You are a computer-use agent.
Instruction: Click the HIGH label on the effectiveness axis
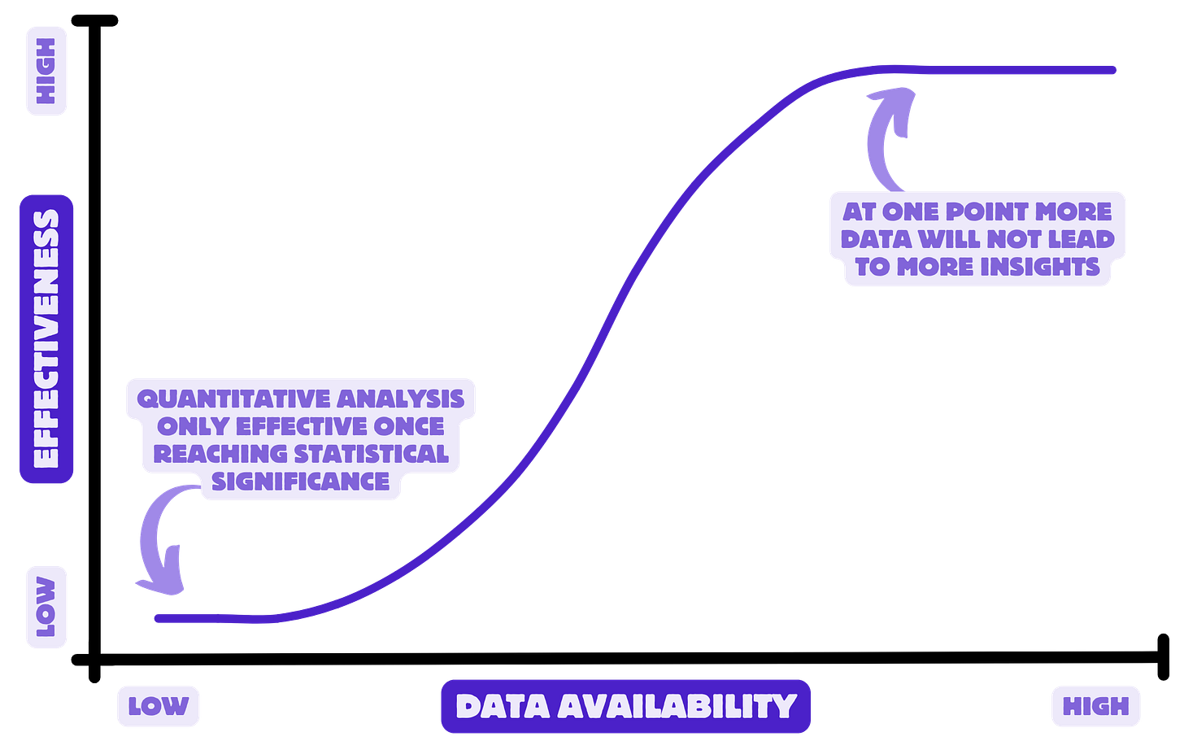pyautogui.click(x=46, y=71)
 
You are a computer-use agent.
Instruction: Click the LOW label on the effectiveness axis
pyautogui.click(x=46, y=608)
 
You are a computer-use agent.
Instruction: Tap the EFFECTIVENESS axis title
pyautogui.click(x=46, y=338)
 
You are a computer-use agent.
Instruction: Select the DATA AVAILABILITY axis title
pyautogui.click(x=625, y=706)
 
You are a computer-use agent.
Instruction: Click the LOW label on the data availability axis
pyautogui.click(x=158, y=706)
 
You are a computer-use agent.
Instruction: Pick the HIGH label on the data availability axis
pyautogui.click(x=1095, y=706)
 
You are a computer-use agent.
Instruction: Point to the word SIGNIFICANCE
pyautogui.click(x=301, y=482)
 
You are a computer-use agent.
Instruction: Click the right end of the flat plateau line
pyautogui.click(x=1114, y=71)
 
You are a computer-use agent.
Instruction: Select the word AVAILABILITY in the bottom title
pyautogui.click(x=677, y=706)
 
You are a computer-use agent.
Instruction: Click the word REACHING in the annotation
pyautogui.click(x=221, y=454)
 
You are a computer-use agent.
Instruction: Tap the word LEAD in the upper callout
pyautogui.click(x=1082, y=239)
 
